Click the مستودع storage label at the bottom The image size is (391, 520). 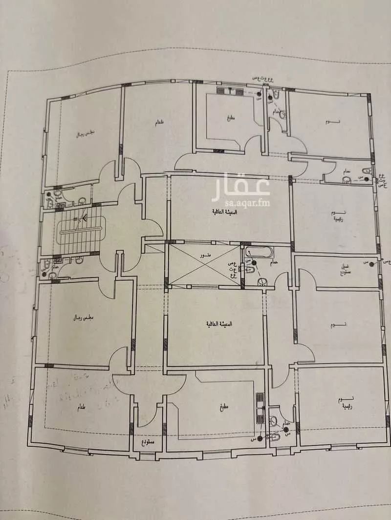tap(148, 441)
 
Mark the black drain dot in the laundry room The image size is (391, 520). tap(372, 264)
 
